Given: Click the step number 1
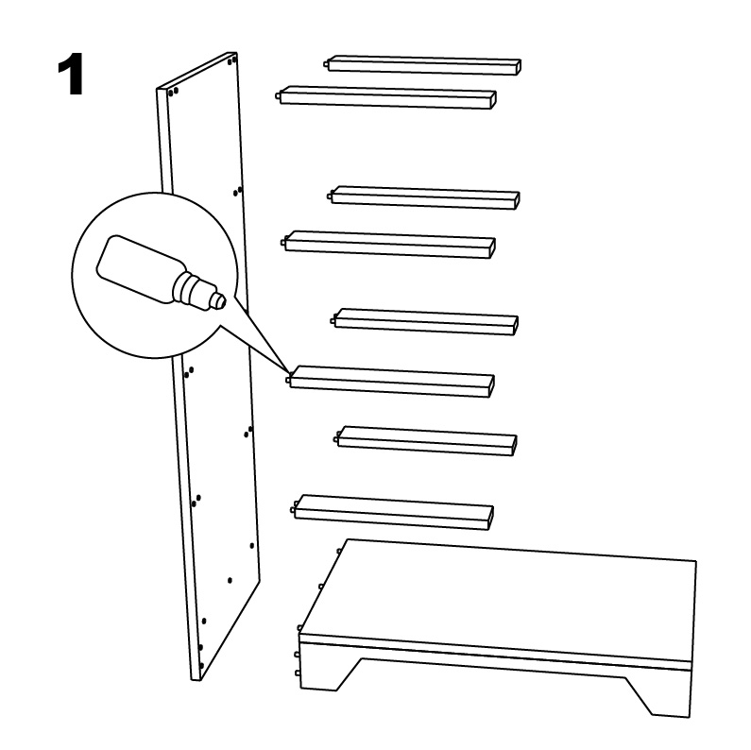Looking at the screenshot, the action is pyautogui.click(x=71, y=74).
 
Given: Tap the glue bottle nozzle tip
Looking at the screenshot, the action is pyautogui.click(x=222, y=300).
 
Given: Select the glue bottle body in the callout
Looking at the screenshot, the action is pyautogui.click(x=139, y=267).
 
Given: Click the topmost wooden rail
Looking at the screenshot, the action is pyautogui.click(x=423, y=65).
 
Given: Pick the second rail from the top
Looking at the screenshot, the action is pyautogui.click(x=386, y=97).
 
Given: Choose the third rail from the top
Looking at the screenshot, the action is pyautogui.click(x=424, y=197).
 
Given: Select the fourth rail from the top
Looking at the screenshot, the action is pyautogui.click(x=388, y=245).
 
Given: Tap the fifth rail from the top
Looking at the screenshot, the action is pyautogui.click(x=424, y=322).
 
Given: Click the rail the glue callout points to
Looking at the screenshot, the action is pyautogui.click(x=390, y=382).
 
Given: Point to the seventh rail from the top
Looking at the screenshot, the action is pyautogui.click(x=425, y=440).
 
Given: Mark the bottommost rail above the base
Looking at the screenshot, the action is pyautogui.click(x=392, y=513).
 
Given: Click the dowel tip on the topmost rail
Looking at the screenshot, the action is pyautogui.click(x=326, y=63).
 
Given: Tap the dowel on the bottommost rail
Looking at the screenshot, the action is pyautogui.click(x=292, y=509).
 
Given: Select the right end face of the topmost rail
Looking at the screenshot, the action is pyautogui.click(x=519, y=67).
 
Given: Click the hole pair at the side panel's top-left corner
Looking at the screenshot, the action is pyautogui.click(x=174, y=91).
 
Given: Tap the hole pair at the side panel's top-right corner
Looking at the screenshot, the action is pyautogui.click(x=232, y=60).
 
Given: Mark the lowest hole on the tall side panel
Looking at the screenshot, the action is pyautogui.click(x=201, y=666).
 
